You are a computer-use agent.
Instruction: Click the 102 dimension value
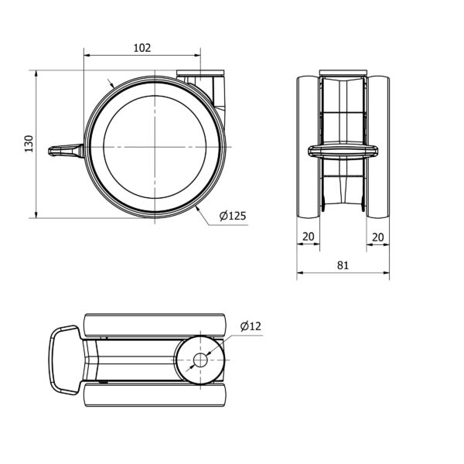142,48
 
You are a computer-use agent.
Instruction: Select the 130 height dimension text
29,144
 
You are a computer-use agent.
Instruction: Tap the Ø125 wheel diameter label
233,216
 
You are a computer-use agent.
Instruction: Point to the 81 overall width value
343,265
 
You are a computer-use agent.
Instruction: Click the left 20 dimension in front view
308,237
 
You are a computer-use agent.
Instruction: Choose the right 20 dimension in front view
377,237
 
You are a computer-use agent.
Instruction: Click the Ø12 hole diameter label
251,326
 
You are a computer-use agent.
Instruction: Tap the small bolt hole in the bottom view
200,360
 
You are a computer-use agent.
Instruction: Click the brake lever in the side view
66,150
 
